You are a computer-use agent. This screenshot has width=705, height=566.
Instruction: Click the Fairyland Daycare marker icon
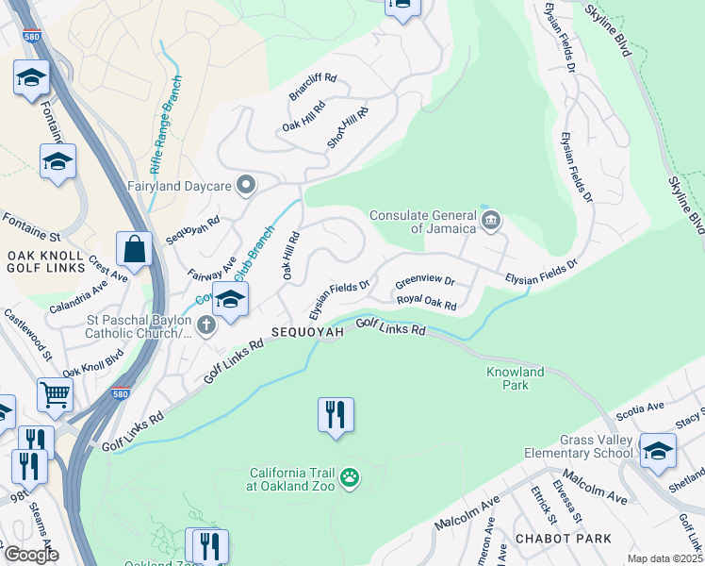246,185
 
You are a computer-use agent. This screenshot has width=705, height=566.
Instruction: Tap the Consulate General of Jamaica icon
490,222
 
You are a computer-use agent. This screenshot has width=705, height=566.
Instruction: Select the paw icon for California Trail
350,478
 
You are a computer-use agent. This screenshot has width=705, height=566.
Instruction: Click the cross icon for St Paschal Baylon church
207,325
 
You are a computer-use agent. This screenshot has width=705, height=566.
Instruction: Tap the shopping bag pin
135,250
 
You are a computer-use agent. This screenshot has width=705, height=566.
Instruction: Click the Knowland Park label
515,378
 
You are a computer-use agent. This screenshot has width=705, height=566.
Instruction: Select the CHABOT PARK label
563,539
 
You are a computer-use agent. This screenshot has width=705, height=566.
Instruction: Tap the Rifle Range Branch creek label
165,141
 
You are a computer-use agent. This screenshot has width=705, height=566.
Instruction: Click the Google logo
30,555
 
